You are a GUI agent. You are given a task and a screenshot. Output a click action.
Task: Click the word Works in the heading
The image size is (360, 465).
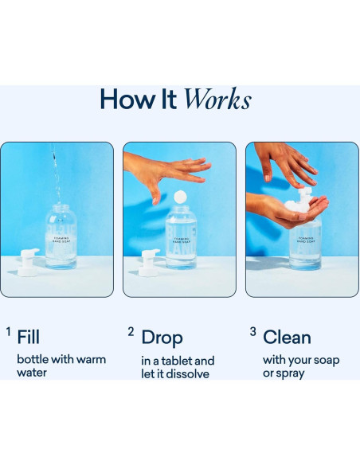point(217,100)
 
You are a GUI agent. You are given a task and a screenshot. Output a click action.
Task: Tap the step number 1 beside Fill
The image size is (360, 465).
point(8,331)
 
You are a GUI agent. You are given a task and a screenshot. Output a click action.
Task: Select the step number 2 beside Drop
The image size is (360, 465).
point(131,331)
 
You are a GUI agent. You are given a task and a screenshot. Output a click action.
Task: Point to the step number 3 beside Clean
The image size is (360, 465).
point(252,331)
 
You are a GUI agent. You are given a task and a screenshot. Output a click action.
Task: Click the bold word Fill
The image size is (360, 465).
point(28,338)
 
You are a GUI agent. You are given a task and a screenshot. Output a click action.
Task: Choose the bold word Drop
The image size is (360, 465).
point(162,338)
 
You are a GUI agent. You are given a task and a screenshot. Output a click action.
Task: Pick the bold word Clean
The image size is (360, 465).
point(287,338)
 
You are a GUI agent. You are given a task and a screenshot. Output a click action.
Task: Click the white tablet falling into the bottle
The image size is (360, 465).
point(180,196)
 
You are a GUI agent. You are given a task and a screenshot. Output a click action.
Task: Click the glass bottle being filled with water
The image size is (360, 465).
point(61,236)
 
